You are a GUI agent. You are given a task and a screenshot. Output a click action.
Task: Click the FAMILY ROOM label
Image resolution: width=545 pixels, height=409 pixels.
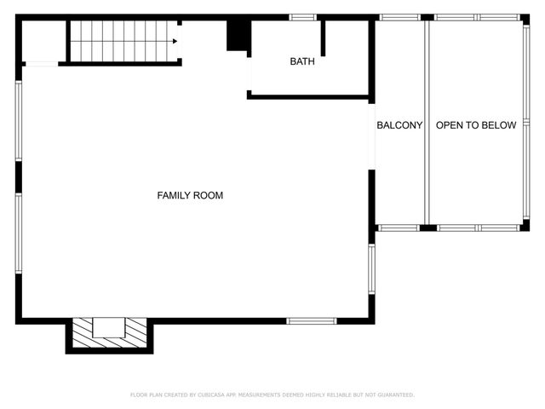tap(190, 195)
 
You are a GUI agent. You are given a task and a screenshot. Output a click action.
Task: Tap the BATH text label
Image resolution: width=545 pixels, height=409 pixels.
tap(301, 61)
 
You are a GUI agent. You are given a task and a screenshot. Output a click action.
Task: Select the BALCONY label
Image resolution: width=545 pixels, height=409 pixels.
tap(399, 125)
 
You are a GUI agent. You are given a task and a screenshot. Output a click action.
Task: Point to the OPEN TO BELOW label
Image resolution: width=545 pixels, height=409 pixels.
tap(476, 125)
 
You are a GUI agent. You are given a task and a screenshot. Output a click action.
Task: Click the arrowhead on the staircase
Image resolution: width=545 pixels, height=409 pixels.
tap(174, 40)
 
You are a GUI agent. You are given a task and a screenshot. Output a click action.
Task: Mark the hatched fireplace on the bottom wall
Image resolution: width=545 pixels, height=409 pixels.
tap(109, 332)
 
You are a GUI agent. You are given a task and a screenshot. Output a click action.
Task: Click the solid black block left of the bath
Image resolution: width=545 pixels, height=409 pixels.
tap(238, 36)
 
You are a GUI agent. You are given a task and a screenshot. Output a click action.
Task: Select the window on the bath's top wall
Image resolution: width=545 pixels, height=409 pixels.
tap(303, 17)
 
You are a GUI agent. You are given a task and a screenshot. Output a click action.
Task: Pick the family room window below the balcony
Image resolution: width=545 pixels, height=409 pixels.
tap(371, 269)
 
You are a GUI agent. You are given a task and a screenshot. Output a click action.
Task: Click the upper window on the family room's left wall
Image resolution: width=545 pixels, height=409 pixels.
tap(18, 120)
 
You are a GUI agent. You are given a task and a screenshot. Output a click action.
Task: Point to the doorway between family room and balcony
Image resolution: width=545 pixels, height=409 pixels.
tap(371, 136)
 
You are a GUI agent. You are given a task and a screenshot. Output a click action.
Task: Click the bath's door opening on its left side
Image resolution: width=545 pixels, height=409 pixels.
tap(250, 75)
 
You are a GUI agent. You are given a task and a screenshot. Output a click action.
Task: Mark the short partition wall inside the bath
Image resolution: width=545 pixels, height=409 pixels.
tap(323, 38)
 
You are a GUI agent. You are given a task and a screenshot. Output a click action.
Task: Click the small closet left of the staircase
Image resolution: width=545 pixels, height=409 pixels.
tap(43, 41)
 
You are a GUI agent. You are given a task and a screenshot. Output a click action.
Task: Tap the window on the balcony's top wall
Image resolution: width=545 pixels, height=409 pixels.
tap(399, 17)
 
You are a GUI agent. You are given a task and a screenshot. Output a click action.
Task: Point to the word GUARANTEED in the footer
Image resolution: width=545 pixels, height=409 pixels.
tap(393, 395)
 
